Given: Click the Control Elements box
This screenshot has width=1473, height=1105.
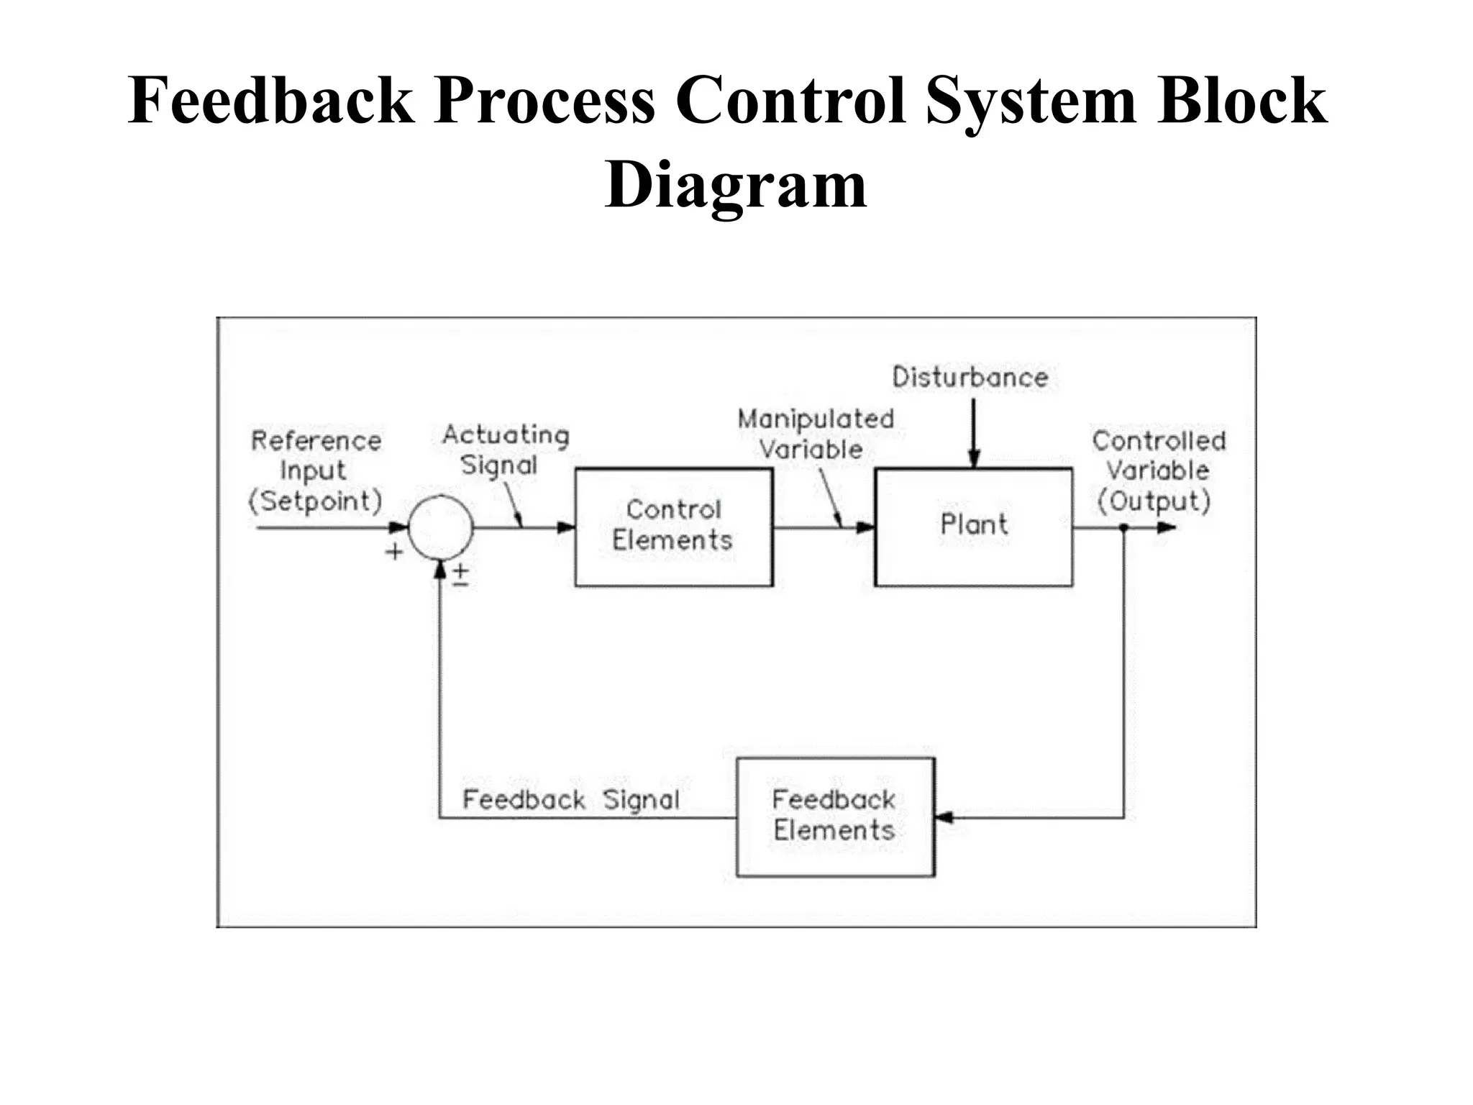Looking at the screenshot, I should tap(674, 527).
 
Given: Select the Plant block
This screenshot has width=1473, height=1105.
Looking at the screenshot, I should tap(973, 527).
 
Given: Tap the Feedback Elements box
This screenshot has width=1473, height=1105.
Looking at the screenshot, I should tap(835, 817).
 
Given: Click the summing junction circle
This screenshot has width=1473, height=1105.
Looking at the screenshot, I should tap(440, 527).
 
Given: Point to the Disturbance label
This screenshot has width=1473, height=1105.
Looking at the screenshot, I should tap(970, 377).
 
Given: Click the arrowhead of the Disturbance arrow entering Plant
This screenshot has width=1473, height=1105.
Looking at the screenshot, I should tap(974, 459).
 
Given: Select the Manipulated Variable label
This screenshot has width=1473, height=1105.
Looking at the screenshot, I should tap(815, 433).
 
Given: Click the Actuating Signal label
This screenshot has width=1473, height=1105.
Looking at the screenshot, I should tap(505, 449).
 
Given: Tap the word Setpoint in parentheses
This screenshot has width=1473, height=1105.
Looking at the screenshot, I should tap(315, 501).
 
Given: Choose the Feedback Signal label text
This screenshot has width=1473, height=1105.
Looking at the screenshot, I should tap(570, 799).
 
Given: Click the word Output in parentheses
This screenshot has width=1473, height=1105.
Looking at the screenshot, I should tap(1154, 501).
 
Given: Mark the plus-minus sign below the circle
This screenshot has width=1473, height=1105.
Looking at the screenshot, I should tap(460, 575).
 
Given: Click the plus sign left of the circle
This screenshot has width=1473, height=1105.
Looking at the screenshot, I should tap(394, 552).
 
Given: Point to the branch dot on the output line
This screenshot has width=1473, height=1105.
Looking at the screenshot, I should tap(1123, 527).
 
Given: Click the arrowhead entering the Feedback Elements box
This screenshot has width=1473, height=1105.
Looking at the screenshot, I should tap(944, 817).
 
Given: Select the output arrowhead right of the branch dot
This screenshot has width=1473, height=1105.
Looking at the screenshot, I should tap(1167, 527).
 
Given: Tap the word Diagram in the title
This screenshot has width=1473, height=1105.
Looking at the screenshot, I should tap(736, 184).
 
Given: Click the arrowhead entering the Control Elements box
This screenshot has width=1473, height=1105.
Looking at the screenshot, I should tap(567, 527).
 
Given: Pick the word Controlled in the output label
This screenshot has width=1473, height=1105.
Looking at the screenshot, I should tap(1158, 440).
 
